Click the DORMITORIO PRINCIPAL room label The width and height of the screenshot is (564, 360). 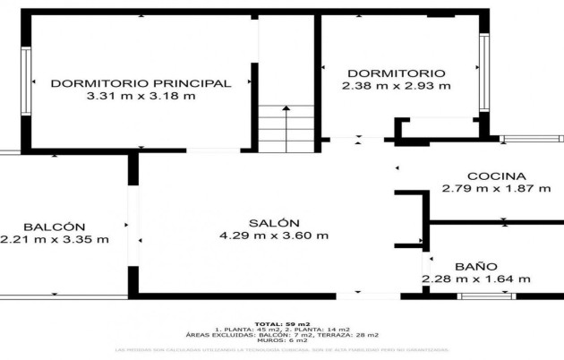(x=141, y=83)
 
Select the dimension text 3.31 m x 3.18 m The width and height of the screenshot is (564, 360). (x=141, y=96)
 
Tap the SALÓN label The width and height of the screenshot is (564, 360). (x=274, y=223)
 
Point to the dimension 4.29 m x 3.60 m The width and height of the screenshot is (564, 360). (x=274, y=236)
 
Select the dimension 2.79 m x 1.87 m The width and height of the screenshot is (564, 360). (x=483, y=189)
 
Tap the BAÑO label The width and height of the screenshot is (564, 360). (x=475, y=266)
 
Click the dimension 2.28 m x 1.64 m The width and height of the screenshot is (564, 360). (x=475, y=279)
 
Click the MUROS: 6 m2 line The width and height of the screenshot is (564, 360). (x=281, y=340)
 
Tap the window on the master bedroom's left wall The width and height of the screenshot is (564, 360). (x=26, y=78)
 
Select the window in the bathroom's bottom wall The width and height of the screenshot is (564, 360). (x=486, y=296)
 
